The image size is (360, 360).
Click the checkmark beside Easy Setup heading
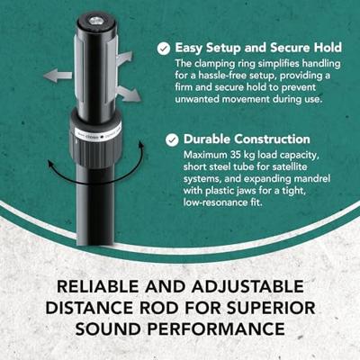point(164,49)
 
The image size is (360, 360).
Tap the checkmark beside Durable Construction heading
point(172,139)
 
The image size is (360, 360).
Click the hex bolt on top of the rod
point(96,21)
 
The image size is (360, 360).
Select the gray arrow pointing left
point(58,75)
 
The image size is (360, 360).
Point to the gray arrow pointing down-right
point(129,94)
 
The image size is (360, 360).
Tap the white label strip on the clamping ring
point(96,134)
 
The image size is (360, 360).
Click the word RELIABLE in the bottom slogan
point(98,286)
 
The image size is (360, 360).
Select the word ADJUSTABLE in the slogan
point(247,286)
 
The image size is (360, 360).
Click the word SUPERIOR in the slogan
point(271,308)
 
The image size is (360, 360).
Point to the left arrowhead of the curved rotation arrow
point(51,164)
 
